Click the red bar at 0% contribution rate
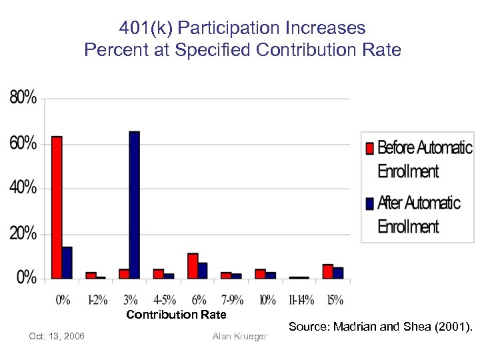pyautogui.click(x=57, y=207)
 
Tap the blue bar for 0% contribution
pyautogui.click(x=67, y=263)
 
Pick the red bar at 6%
pyautogui.click(x=193, y=265)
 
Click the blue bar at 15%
pyautogui.click(x=338, y=273)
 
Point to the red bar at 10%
pyautogui.click(x=260, y=273)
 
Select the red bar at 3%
pyautogui.click(x=124, y=273)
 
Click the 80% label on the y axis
pyautogui.click(x=23, y=98)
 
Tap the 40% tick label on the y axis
pyautogui.click(x=23, y=188)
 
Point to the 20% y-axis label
pyautogui.click(x=23, y=233)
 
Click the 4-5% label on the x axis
pyautogui.click(x=163, y=300)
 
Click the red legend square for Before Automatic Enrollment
pyautogui.click(x=369, y=147)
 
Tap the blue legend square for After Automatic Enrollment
pyautogui.click(x=369, y=203)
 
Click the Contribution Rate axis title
pyautogui.click(x=176, y=315)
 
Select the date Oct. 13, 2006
pyautogui.click(x=57, y=336)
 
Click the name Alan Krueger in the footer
pyautogui.click(x=239, y=336)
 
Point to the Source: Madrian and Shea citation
pyautogui.click(x=380, y=327)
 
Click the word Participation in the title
pyautogui.click(x=221, y=28)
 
